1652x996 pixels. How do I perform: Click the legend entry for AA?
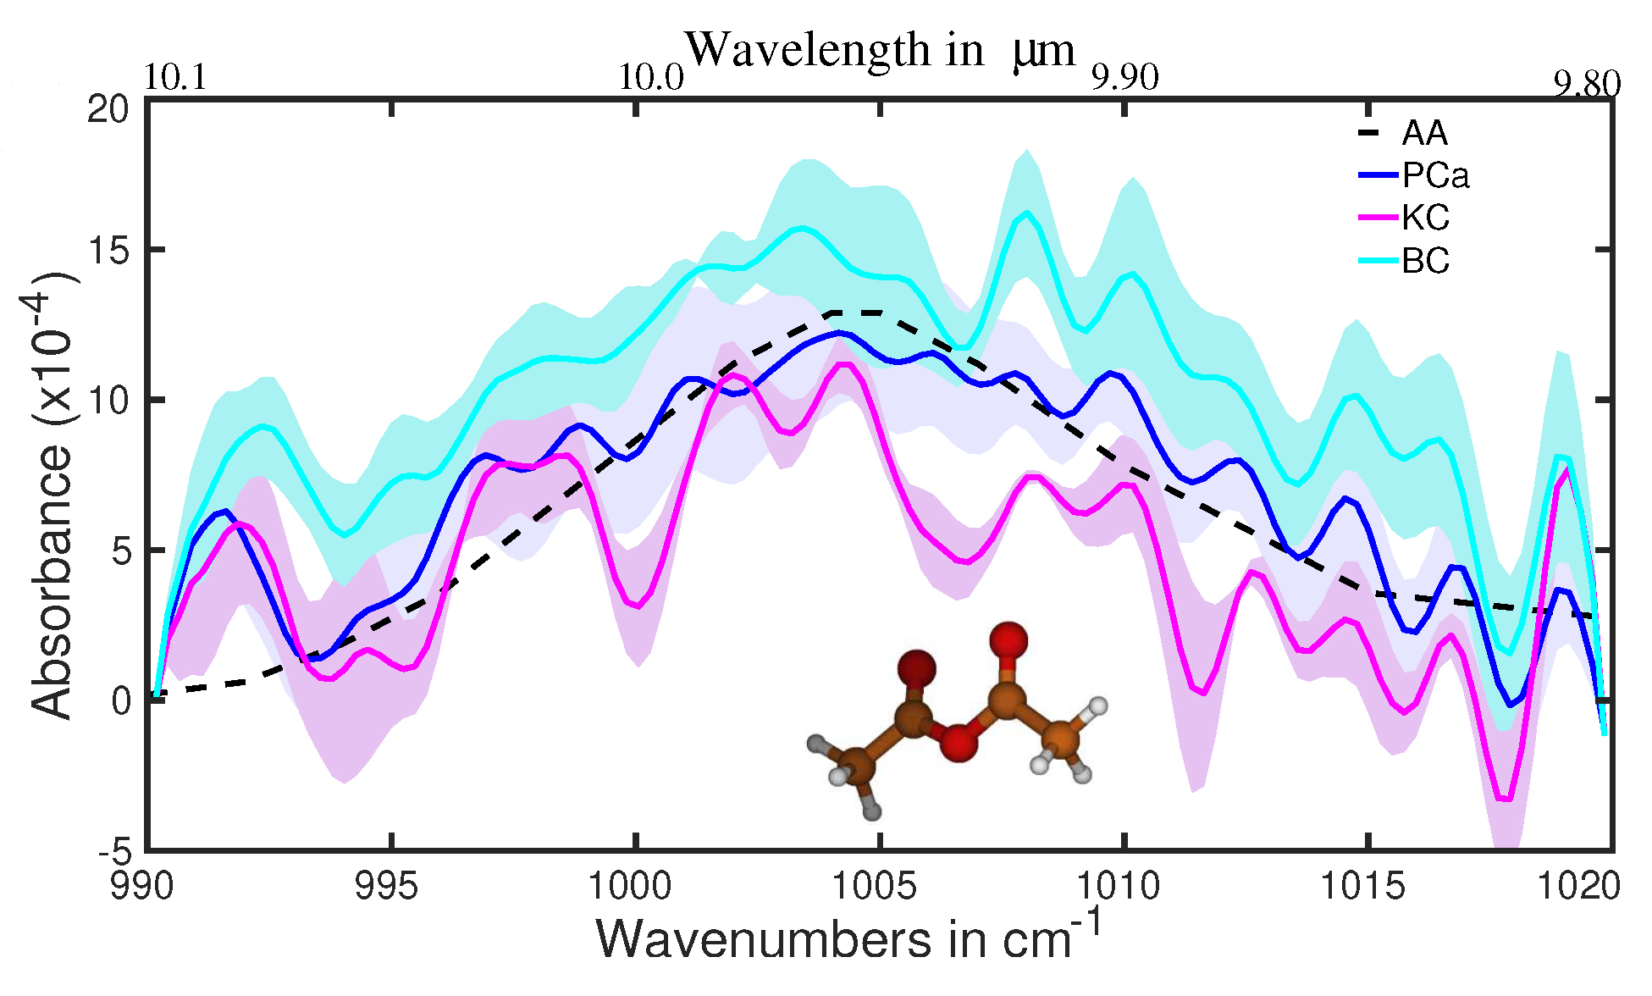coord(1424,134)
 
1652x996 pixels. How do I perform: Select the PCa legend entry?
coord(1434,176)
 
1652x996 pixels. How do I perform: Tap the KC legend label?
coord(1425,219)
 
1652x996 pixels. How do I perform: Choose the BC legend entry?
coord(1425,261)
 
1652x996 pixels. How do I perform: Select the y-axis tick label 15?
coord(108,251)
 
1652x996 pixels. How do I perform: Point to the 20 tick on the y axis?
coord(108,109)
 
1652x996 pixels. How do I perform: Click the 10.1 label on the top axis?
coord(175,78)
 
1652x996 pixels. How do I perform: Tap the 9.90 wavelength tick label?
coord(1124,78)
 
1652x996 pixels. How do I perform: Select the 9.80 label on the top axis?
coord(1586,85)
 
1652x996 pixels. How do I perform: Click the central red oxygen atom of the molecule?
coord(958,744)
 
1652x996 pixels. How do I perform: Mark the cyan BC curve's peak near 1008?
coord(1028,213)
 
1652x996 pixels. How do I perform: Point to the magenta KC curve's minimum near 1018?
coord(1504,799)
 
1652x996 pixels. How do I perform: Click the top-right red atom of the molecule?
coord(1008,641)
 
